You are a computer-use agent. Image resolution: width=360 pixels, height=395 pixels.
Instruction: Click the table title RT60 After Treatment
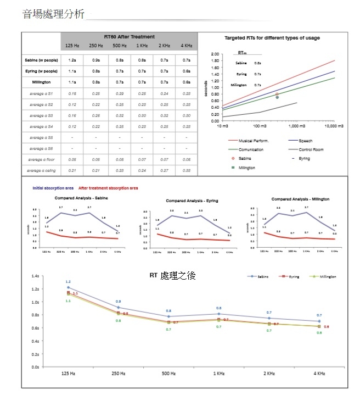coord(129,36)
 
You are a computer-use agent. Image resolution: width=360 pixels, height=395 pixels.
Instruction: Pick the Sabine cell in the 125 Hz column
coord(72,60)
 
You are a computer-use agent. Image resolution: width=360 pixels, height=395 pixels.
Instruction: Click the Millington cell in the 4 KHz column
coord(187,82)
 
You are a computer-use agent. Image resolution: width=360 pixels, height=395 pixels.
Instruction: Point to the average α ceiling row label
coord(42,171)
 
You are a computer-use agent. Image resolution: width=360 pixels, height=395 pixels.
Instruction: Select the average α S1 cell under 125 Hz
coord(72,93)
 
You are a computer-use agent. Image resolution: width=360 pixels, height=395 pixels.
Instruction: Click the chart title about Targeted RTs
coord(272,38)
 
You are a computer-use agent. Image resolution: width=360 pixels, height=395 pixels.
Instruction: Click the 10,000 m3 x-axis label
coord(334,126)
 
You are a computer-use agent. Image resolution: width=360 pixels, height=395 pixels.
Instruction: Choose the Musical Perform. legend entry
coord(254,141)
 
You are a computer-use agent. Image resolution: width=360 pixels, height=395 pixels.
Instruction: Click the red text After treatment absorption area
coord(108,188)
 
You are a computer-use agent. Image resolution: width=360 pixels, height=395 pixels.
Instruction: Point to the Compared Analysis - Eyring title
coord(192,201)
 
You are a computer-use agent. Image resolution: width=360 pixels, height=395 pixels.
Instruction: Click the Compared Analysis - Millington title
coord(300,198)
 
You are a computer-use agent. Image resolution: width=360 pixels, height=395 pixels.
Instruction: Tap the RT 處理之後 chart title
coord(172,275)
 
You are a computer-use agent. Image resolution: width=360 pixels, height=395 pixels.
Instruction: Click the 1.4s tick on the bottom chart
coord(36,276)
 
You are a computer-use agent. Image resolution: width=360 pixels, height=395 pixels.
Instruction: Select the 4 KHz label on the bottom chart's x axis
coord(319,374)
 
